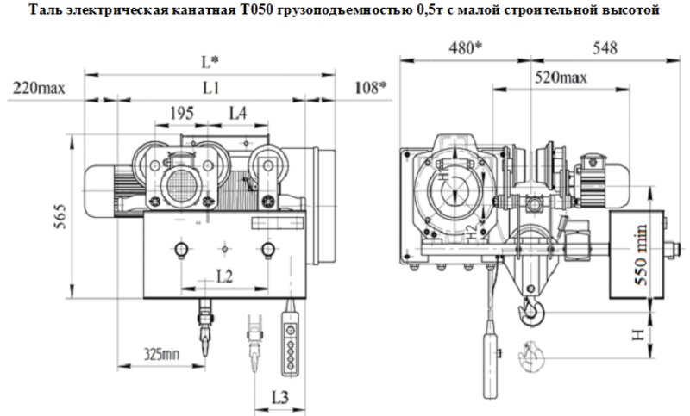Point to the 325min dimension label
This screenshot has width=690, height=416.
click(x=162, y=352)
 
